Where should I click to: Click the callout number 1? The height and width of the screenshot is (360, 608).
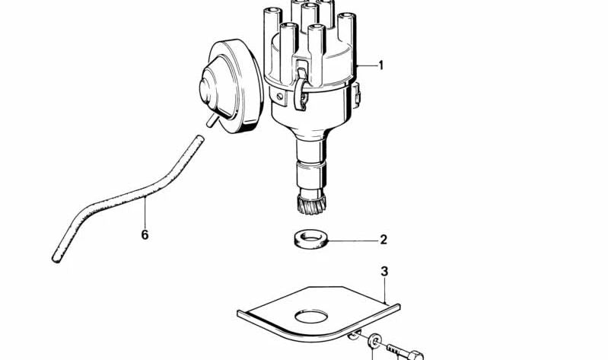380,65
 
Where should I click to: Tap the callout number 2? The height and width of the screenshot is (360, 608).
383,240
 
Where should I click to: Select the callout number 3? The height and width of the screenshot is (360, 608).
384,272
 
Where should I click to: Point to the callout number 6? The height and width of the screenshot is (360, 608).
145,234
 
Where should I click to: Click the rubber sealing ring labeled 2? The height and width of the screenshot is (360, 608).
310,241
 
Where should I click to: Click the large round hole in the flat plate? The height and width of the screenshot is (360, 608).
311,316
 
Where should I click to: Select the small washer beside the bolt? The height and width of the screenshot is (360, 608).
374,341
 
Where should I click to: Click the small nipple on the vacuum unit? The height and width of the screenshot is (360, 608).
212,120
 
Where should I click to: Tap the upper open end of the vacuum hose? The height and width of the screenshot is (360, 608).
199,139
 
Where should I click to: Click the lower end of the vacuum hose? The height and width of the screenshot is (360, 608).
56,258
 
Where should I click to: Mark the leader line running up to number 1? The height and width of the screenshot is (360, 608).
366,65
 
